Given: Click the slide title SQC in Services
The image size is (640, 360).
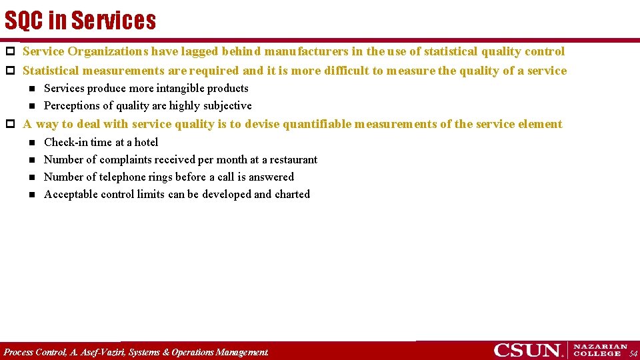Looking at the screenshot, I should point(80,21).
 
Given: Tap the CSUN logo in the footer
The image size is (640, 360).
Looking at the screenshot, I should point(527,350).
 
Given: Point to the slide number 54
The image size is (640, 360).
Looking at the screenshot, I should point(633,353).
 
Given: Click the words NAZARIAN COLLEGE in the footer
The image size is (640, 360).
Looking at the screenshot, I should point(600,350).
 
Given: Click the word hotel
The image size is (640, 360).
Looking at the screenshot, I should point(146,142).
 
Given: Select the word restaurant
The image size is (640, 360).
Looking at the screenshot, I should point(293,159).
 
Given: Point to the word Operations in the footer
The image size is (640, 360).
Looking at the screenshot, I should point(191,351).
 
